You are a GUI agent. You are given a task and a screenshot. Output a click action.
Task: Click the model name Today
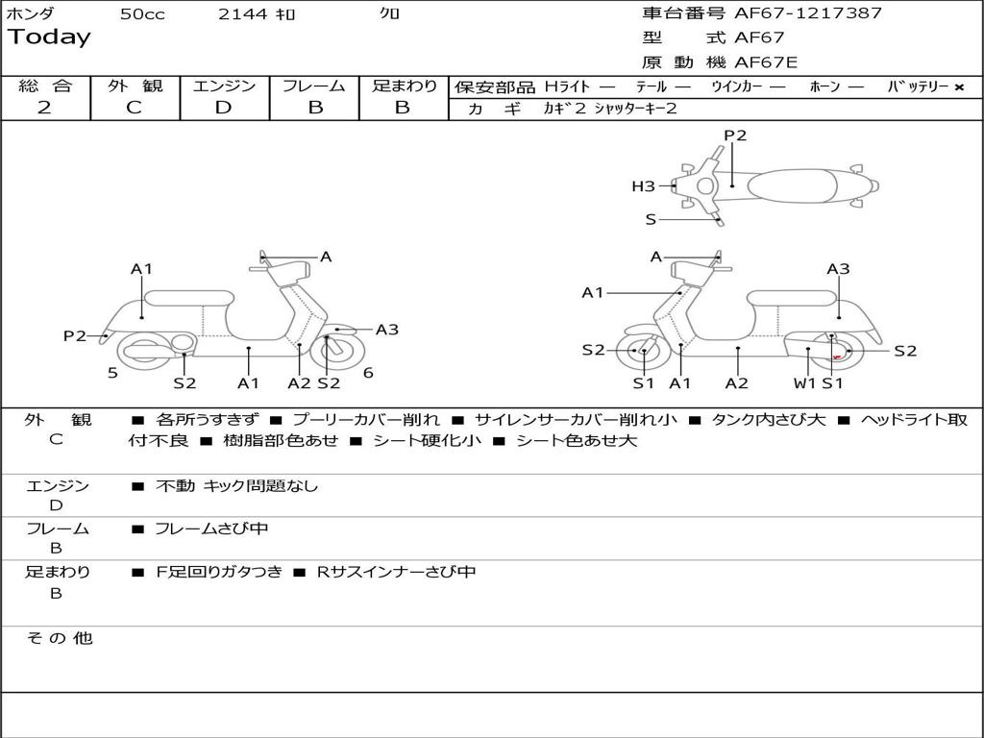[x=49, y=37]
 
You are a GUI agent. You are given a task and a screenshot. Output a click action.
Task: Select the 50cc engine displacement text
[x=142, y=14]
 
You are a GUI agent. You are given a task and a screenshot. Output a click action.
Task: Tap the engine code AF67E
[x=766, y=63]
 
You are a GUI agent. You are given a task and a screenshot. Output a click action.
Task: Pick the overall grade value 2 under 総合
[x=44, y=108]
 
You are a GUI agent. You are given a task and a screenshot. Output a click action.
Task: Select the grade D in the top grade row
[x=223, y=108]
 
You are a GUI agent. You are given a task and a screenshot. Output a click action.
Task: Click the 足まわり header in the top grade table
[x=404, y=86]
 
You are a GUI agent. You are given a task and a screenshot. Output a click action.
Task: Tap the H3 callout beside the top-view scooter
[x=643, y=186]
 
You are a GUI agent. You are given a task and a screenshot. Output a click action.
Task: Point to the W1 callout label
[x=803, y=383]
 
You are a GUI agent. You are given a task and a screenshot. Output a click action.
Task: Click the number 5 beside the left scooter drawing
[x=112, y=373]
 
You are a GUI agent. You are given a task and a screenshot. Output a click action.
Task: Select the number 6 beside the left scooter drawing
[x=368, y=373]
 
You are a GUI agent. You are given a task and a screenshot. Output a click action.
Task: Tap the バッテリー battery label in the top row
[x=918, y=86]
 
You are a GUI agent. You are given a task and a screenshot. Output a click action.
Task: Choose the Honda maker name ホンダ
[x=31, y=14]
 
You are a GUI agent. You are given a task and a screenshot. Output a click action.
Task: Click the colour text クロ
[x=390, y=14]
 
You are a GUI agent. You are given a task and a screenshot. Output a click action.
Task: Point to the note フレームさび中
[x=211, y=529]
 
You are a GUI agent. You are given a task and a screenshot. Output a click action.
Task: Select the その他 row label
[x=59, y=638]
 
